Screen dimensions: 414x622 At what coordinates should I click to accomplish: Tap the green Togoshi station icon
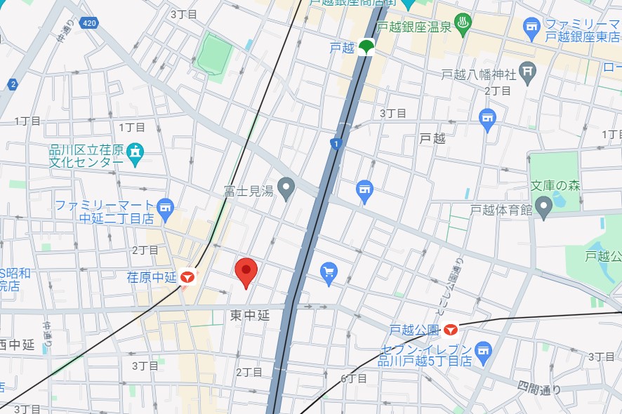pyautogui.click(x=365, y=48)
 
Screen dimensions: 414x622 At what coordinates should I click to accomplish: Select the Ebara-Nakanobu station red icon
pyautogui.click(x=187, y=277)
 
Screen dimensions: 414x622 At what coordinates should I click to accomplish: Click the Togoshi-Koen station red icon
pyautogui.click(x=450, y=329)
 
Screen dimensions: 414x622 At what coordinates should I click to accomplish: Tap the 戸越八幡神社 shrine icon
pyautogui.click(x=527, y=72)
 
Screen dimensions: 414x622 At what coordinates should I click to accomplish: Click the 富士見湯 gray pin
pyautogui.click(x=286, y=188)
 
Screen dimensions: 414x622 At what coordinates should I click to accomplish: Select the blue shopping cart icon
pyautogui.click(x=329, y=272)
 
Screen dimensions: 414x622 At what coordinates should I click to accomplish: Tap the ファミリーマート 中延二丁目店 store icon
pyautogui.click(x=165, y=206)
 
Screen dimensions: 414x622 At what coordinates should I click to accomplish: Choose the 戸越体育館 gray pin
pyautogui.click(x=543, y=206)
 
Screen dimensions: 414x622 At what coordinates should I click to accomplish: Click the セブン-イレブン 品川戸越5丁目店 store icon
pyautogui.click(x=482, y=349)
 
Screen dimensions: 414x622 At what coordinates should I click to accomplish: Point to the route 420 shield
pyautogui.click(x=88, y=23)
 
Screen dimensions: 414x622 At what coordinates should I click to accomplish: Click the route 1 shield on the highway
pyautogui.click(x=336, y=144)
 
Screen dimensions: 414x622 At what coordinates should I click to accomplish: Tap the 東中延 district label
pyautogui.click(x=250, y=316)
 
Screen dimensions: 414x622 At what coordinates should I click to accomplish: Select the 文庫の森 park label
pyautogui.click(x=555, y=186)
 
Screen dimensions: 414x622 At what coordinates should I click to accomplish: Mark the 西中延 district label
pyautogui.click(x=17, y=345)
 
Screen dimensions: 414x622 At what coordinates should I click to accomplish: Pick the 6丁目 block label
pyautogui.click(x=354, y=379)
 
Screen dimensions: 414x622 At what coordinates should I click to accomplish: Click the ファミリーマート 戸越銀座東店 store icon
pyautogui.click(x=532, y=29)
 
